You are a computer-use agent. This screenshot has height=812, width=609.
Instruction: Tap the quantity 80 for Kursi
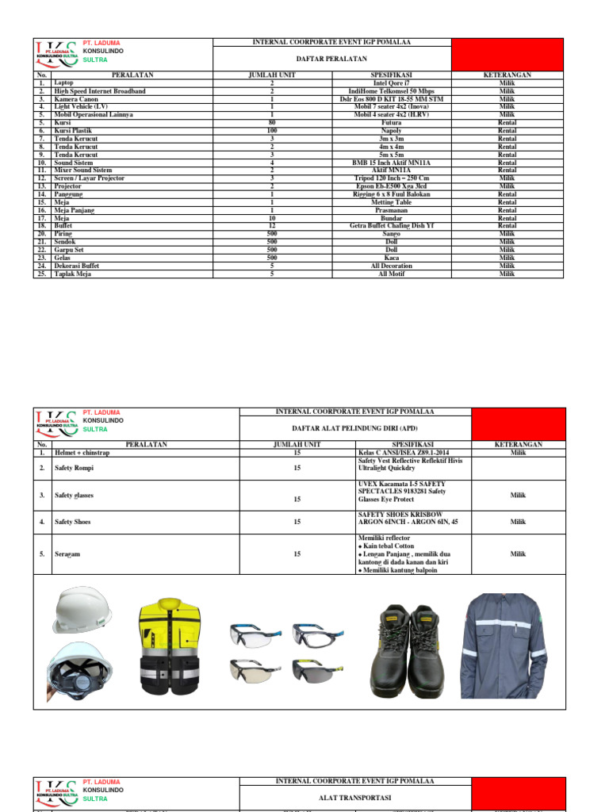[272, 123]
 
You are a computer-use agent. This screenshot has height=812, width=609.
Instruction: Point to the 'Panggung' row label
[74, 194]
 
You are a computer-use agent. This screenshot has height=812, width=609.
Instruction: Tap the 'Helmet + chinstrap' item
[82, 453]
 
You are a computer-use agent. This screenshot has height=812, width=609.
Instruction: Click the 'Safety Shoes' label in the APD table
[74, 522]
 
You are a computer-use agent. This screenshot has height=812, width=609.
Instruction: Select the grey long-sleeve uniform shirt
[505, 641]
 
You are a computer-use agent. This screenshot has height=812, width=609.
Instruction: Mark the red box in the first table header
[507, 54]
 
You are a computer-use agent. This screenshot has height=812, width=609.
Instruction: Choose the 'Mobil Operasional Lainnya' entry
[94, 115]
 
